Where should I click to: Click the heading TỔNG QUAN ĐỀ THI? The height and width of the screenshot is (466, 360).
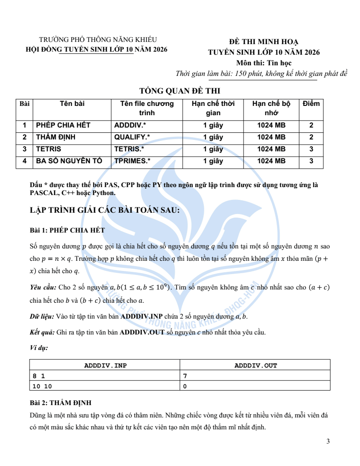(180, 91)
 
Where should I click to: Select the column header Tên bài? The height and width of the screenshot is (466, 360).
(72, 104)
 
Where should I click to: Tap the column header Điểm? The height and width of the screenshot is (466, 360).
(311, 104)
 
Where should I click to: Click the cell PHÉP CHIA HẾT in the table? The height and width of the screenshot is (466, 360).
(63, 125)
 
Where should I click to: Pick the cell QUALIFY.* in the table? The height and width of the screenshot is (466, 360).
(132, 137)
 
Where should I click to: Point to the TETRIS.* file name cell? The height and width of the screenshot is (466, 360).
(129, 149)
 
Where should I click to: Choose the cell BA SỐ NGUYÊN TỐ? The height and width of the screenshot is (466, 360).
(69, 161)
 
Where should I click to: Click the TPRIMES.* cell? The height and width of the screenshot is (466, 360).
(132, 161)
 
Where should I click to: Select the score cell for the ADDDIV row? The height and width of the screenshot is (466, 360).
(311, 125)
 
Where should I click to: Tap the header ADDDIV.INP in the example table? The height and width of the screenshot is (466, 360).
(105, 365)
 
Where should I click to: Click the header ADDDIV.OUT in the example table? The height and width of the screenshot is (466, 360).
(255, 365)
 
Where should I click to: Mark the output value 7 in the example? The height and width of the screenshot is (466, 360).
(185, 376)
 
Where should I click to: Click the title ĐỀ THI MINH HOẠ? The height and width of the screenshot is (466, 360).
(264, 42)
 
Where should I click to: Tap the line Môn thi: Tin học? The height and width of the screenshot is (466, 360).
(264, 63)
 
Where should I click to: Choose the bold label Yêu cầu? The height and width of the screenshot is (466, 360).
(43, 288)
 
